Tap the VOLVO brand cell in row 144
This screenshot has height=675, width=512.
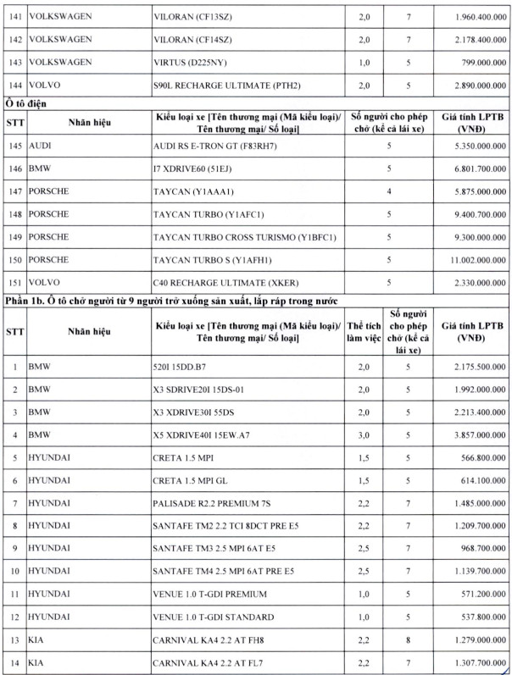coord(51,86)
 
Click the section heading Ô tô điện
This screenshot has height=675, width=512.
coord(25,103)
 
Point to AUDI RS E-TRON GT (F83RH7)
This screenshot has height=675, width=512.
coord(216,146)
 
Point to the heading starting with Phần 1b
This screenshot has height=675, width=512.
coord(170,301)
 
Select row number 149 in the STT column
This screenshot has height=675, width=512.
coord(13,237)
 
